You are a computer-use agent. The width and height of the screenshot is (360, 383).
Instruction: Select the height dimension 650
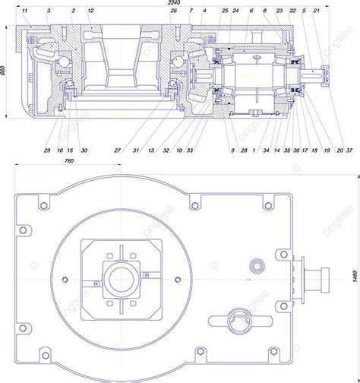5,71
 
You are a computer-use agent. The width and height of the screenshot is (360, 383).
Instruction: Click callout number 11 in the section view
25,11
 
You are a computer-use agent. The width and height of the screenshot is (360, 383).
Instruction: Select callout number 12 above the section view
90,11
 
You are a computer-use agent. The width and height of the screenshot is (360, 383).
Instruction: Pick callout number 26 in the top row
174,11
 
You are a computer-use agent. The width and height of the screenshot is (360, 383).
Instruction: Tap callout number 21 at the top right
316,11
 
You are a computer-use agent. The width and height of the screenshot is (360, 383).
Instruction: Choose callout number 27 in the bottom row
118,150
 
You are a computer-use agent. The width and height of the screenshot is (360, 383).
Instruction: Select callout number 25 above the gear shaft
226,11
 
